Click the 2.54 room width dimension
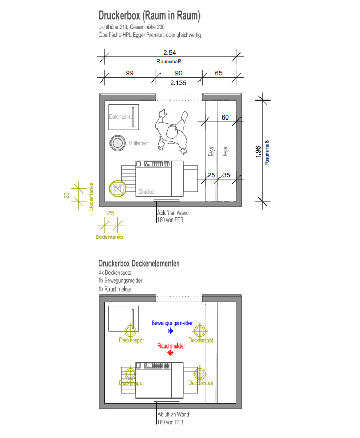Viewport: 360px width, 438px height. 169,53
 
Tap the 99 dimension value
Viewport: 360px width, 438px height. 129,73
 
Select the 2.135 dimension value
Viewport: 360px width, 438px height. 178,83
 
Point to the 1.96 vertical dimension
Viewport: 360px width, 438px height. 258,152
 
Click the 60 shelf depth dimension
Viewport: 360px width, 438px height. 225,117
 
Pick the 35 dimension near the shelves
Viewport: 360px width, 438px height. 226,175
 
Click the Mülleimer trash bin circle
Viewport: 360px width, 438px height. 117,143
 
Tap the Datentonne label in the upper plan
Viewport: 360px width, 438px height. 121,117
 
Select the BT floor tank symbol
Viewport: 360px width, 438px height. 117,188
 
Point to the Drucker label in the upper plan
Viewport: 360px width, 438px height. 147,192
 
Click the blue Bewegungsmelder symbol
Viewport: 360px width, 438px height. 170,331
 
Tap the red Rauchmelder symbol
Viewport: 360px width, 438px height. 170,353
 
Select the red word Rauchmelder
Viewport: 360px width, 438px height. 171,346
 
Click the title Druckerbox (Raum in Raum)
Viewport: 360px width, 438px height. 149,16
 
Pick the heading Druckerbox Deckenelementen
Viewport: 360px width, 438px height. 139,263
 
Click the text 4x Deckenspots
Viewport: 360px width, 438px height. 115,273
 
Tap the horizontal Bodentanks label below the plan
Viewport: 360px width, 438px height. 109,237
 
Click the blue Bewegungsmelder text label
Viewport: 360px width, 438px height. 172,323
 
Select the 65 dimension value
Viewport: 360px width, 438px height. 218,73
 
